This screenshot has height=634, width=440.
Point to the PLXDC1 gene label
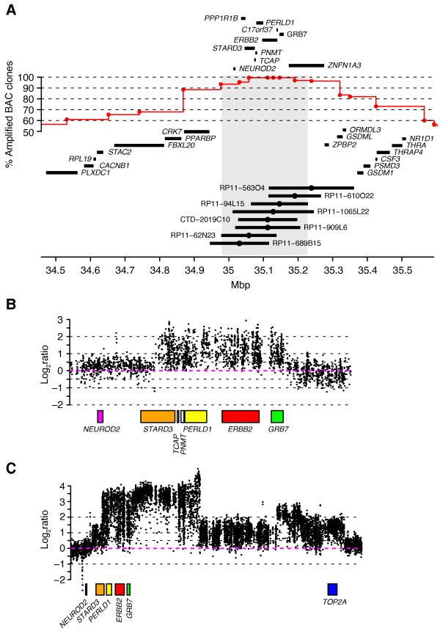(95, 173)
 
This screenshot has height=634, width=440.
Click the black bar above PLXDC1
(61, 173)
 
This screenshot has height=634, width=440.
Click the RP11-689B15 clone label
(296, 243)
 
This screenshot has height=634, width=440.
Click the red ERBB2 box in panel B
(241, 417)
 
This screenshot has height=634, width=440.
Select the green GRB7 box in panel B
(276, 417)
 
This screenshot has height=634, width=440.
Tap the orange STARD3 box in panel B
(158, 417)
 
